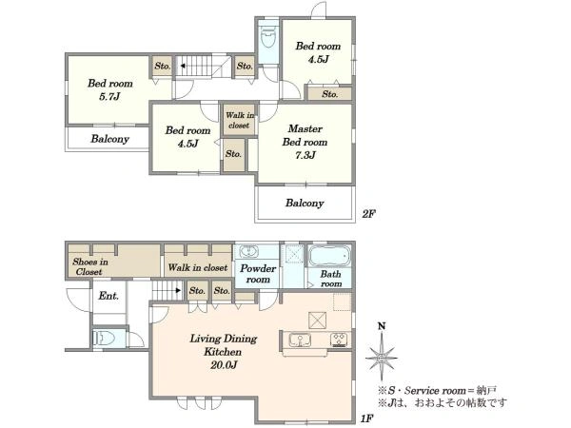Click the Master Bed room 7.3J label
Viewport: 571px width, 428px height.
305,142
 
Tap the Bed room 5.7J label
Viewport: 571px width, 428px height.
110,89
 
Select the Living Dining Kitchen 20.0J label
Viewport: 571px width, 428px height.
224,352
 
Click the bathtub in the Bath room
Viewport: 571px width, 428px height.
330,256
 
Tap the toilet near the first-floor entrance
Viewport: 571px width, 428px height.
105,339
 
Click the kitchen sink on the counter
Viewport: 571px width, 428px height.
300,340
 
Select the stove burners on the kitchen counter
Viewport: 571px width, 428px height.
341,340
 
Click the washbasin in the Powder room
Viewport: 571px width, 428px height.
248,251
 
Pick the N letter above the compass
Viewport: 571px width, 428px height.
382,326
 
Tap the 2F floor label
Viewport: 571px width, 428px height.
368,214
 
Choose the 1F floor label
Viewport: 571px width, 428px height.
367,418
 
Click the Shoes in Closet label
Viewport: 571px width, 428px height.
90,266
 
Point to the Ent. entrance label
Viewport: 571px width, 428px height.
108,296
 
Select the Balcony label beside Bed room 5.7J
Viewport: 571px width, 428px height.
110,139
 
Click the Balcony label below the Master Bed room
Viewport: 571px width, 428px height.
305,203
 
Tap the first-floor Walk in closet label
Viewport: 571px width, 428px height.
198,267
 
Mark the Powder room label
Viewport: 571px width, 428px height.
258,274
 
